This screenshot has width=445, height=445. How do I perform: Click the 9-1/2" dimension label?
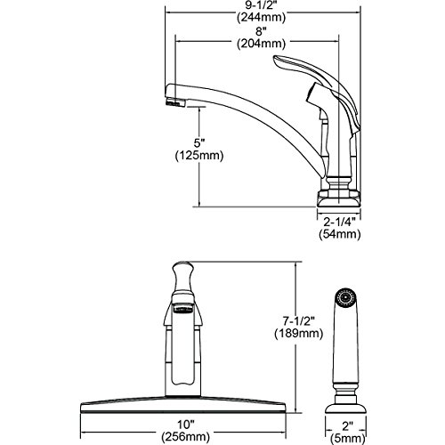pyautogui.click(x=261, y=4)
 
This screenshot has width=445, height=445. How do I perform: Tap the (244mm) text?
pyautogui.click(x=261, y=17)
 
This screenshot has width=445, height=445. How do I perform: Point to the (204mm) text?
pyautogui.click(x=261, y=44)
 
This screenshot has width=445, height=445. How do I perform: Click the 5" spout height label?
pyautogui.click(x=199, y=143)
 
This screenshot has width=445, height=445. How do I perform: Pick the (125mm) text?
pyautogui.click(x=199, y=155)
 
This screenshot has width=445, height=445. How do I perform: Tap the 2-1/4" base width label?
pyautogui.click(x=339, y=222)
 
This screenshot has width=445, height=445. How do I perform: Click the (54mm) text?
pyautogui.click(x=340, y=234)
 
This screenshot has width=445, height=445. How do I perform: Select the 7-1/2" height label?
pyautogui.click(x=298, y=321)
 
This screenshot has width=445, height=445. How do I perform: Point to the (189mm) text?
pyautogui.click(x=298, y=333)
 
